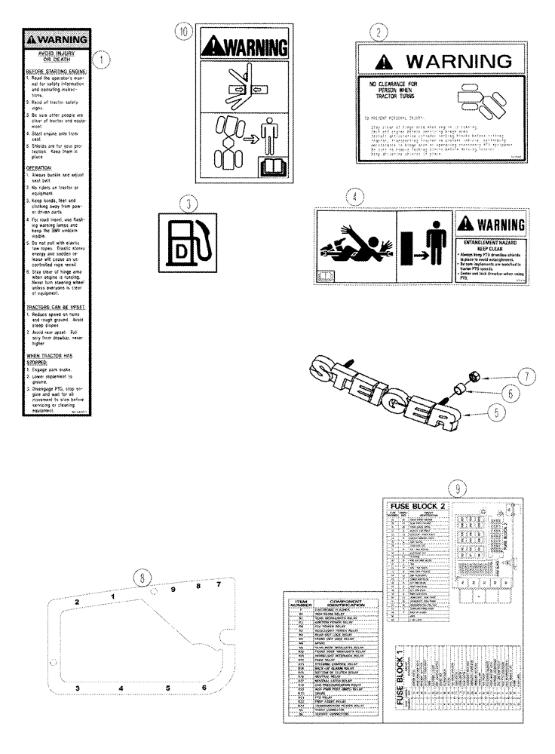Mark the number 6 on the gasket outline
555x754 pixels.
click(x=204, y=688)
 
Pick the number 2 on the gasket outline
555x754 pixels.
click(x=77, y=601)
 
